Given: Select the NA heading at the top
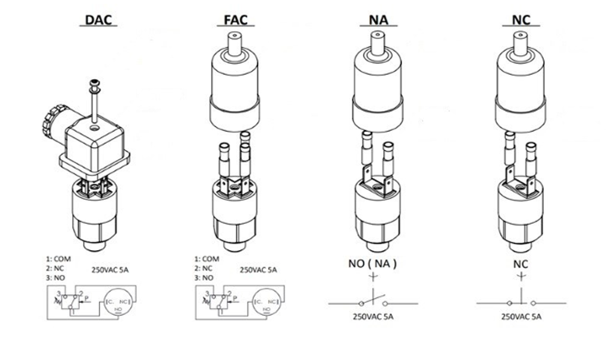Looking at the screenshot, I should (378, 19).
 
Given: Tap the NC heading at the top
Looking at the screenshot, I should (521, 19).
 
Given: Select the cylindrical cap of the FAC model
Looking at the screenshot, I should (235, 84).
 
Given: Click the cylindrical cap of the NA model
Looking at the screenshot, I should (378, 84).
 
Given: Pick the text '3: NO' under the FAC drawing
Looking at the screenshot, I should (203, 278).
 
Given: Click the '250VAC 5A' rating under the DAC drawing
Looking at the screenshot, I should (109, 270).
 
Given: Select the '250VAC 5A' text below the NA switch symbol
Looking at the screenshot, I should (376, 317).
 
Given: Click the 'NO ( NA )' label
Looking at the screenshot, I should (373, 263).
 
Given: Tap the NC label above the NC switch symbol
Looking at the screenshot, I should (520, 263).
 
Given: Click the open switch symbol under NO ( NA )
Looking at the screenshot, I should (375, 302).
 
